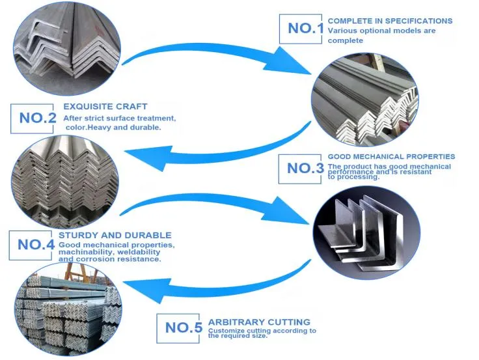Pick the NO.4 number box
(x=35, y=244)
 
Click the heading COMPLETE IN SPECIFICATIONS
(x=390, y=21)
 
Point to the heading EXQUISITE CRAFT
(x=105, y=106)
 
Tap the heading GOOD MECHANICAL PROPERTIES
(x=391, y=157)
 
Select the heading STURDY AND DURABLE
(x=115, y=235)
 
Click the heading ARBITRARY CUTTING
(x=259, y=322)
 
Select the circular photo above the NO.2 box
(x=65, y=49)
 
